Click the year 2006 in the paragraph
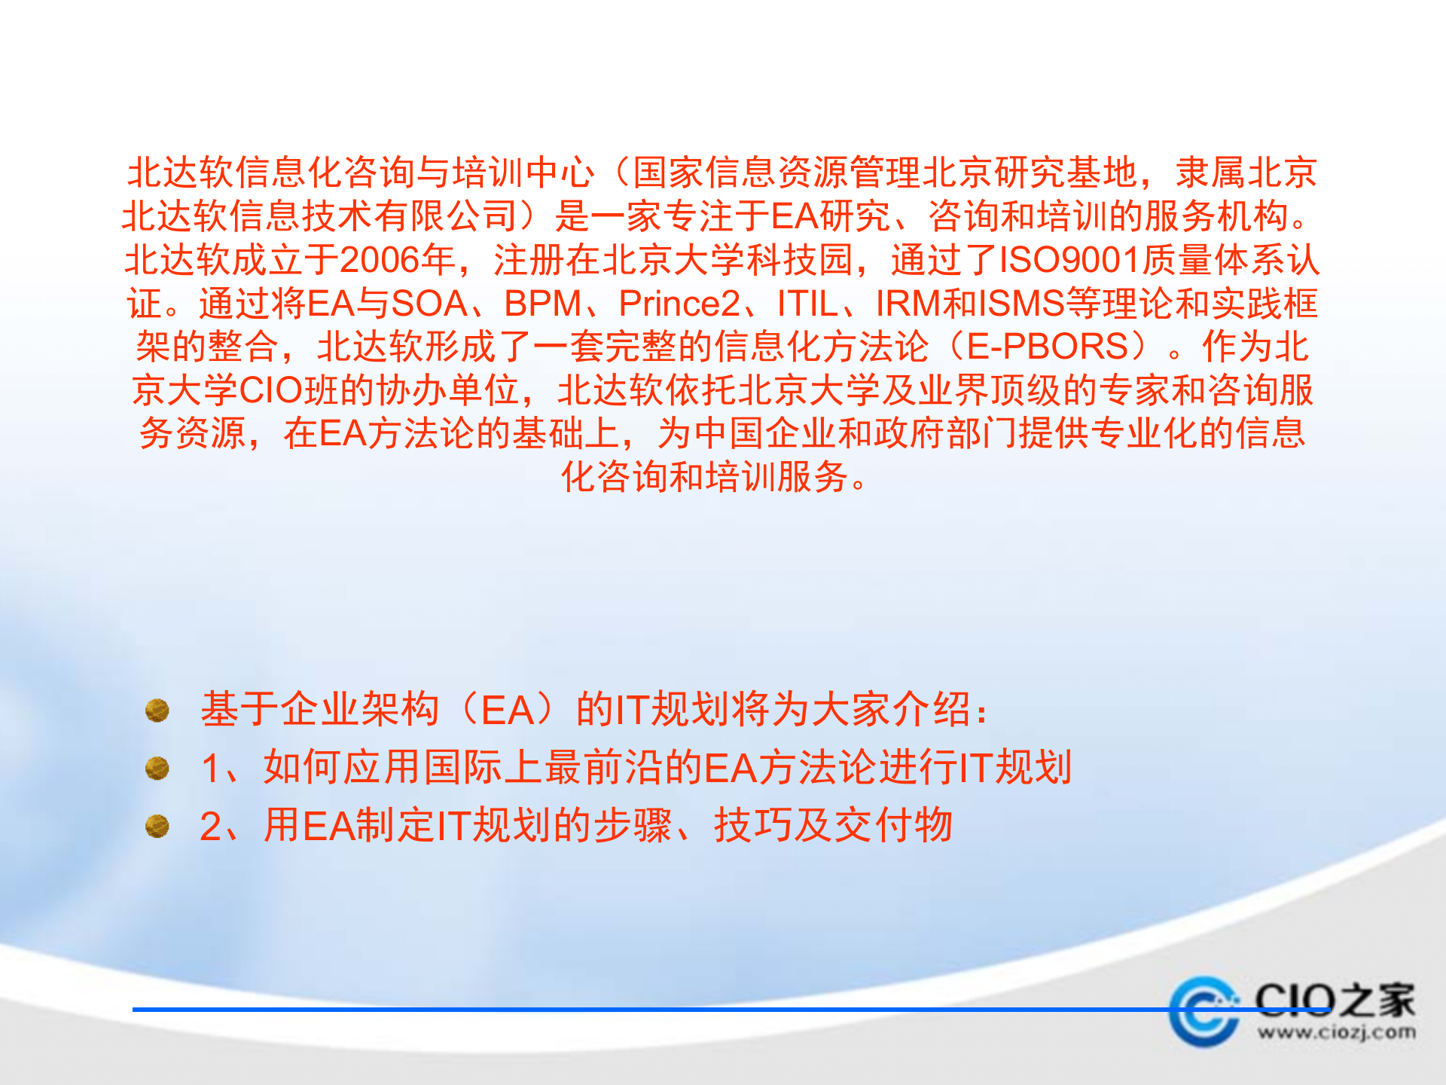click(x=380, y=260)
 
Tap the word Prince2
click(x=679, y=304)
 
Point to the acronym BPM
click(x=542, y=304)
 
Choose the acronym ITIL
click(x=807, y=304)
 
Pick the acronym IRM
click(x=908, y=304)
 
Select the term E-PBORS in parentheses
click(x=1047, y=347)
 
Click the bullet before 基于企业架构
click(x=157, y=710)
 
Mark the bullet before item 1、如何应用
click(x=157, y=768)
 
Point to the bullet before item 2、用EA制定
click(x=157, y=826)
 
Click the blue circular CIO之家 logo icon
click(x=1203, y=1011)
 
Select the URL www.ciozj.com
click(x=1336, y=1032)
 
